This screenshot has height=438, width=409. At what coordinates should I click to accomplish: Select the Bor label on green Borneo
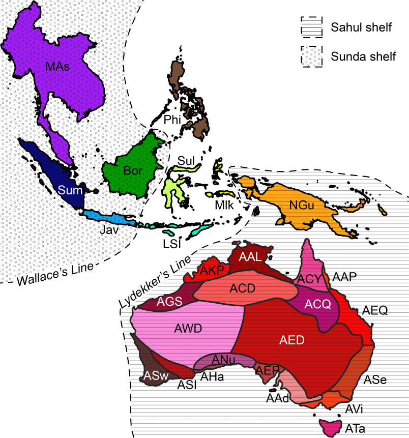tap(133, 171)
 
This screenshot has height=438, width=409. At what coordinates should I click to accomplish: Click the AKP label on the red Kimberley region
tap(212, 270)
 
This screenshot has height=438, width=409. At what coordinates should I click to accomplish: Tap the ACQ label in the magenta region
tap(317, 304)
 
